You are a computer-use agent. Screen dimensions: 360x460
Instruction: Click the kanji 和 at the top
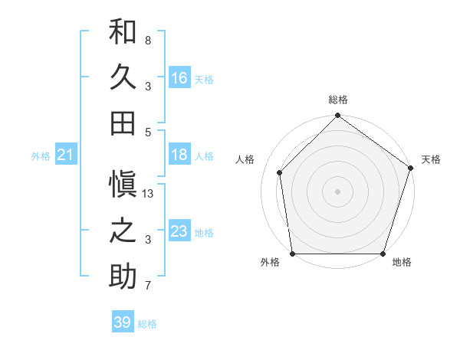tap(123, 31)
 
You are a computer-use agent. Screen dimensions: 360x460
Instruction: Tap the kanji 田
tap(123, 123)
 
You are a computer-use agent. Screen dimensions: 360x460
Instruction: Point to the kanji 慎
tap(123, 185)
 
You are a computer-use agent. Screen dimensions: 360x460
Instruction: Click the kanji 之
tap(123, 231)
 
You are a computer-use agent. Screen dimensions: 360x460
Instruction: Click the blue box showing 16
tap(179, 77)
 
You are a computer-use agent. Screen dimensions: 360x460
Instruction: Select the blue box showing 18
tap(179, 155)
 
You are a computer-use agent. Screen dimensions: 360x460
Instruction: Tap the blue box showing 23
tap(179, 231)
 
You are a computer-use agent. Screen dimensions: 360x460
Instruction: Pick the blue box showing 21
tap(66, 155)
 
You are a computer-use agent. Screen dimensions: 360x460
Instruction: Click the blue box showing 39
tap(123, 322)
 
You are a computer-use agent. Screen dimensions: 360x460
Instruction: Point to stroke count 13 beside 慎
tap(149, 194)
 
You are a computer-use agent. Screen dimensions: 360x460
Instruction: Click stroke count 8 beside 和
tap(148, 40)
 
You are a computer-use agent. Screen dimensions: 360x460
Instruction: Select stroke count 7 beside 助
tap(148, 286)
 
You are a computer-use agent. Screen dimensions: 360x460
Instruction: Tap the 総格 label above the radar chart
tap(337, 100)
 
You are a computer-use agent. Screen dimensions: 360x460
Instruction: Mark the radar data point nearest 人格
tap(280, 172)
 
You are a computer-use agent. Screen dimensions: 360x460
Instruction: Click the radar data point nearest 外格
tap(292, 254)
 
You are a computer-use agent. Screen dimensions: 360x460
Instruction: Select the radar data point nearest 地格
tap(383, 254)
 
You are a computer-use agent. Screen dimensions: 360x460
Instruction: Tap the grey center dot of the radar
tap(337, 191)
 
